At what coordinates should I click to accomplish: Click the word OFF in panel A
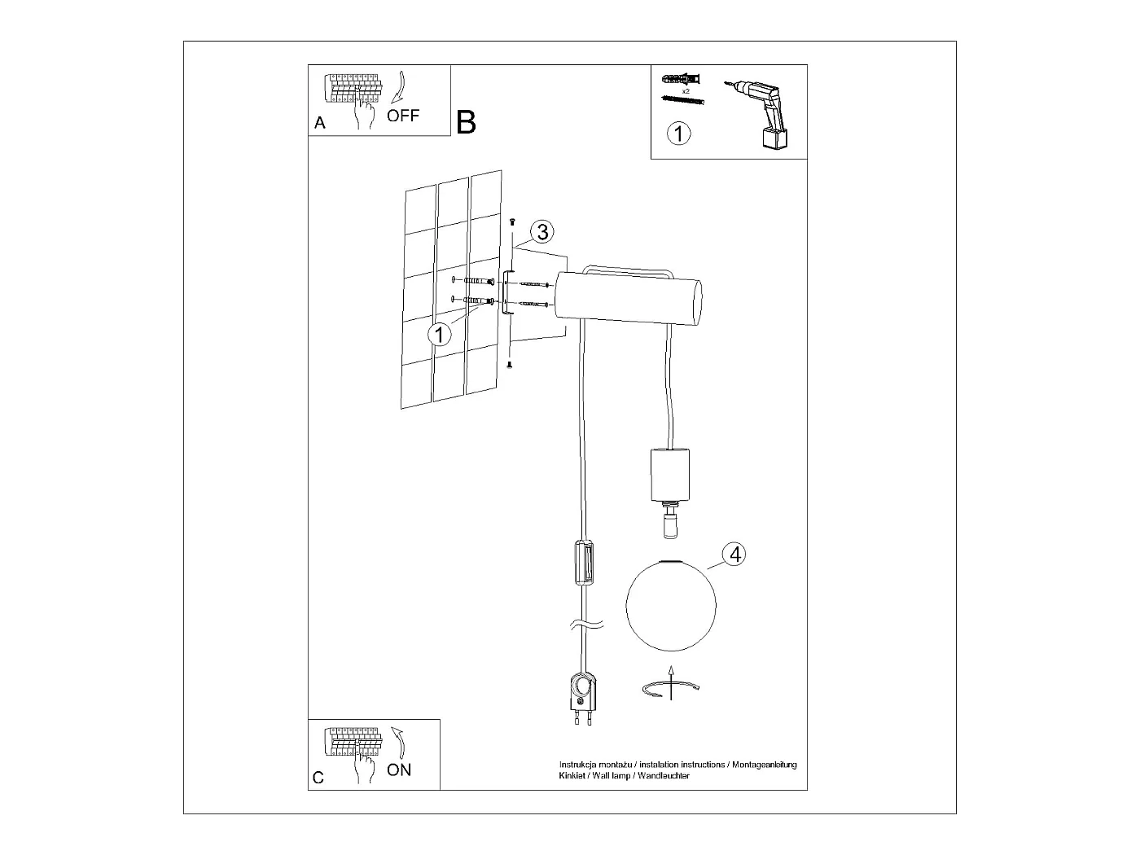(x=403, y=116)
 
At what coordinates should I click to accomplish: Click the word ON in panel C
(x=399, y=769)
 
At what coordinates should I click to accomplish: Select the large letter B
(x=467, y=122)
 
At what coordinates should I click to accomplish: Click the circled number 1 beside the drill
(x=678, y=133)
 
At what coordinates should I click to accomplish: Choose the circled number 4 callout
(x=734, y=555)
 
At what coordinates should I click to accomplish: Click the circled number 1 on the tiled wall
(x=440, y=334)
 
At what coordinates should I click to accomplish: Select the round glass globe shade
(x=670, y=605)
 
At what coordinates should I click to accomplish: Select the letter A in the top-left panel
(x=320, y=124)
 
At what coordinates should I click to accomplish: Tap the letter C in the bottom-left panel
(x=318, y=778)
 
